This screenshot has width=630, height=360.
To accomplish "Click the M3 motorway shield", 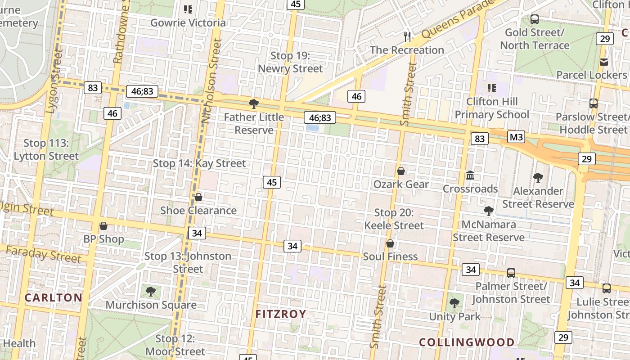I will click(516, 136).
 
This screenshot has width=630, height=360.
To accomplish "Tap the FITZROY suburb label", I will click(281, 314).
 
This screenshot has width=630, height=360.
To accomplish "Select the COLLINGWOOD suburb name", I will click(467, 342).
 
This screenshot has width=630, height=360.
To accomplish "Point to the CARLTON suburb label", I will click(53, 297).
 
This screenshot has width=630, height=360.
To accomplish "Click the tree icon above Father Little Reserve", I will click(254, 104).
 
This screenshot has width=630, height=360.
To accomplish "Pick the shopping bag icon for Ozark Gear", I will click(401, 171).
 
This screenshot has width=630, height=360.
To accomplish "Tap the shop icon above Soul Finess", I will click(390, 243).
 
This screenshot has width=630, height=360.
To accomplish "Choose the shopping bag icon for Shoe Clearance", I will click(198, 197).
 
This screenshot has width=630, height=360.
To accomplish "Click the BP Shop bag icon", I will click(103, 226).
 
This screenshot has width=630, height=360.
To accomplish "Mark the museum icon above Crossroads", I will click(470, 175).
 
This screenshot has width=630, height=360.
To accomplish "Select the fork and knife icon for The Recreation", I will click(407, 36).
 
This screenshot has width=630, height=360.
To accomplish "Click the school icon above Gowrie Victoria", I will click(188, 9).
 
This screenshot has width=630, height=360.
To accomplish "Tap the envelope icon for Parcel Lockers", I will click(604, 62).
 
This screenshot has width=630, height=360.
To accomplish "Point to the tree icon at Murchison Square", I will click(151, 291).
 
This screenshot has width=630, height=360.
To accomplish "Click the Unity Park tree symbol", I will click(454, 303).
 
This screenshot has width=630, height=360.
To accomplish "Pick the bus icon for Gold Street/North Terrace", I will click(535, 19).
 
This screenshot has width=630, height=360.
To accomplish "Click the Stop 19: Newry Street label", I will click(290, 62).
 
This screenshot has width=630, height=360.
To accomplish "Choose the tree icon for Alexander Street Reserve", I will click(538, 177).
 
